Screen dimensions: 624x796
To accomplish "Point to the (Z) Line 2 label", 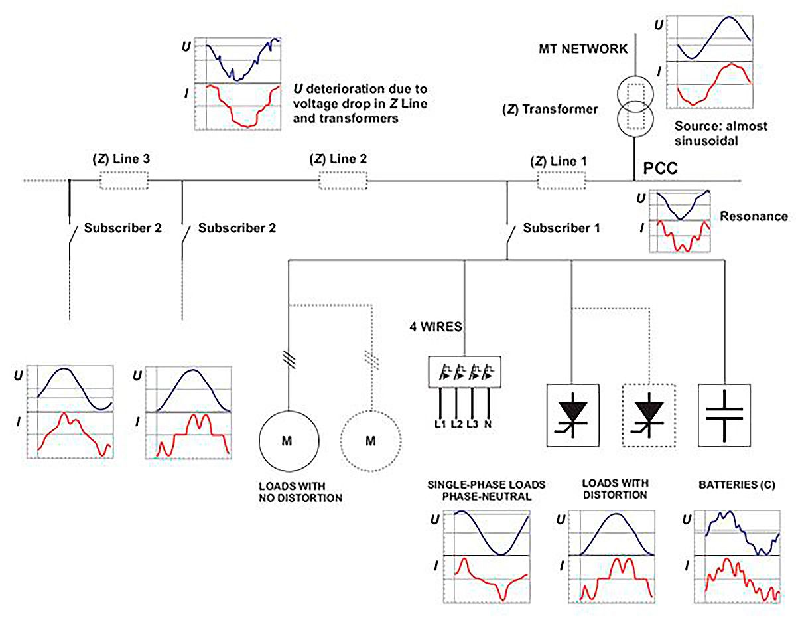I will pyautogui.click(x=338, y=159).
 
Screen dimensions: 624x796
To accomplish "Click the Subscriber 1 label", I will pyautogui.click(x=561, y=228).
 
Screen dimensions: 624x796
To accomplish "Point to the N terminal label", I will pyautogui.click(x=489, y=423).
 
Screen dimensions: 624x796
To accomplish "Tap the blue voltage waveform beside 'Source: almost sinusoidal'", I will pyautogui.click(x=713, y=37).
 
